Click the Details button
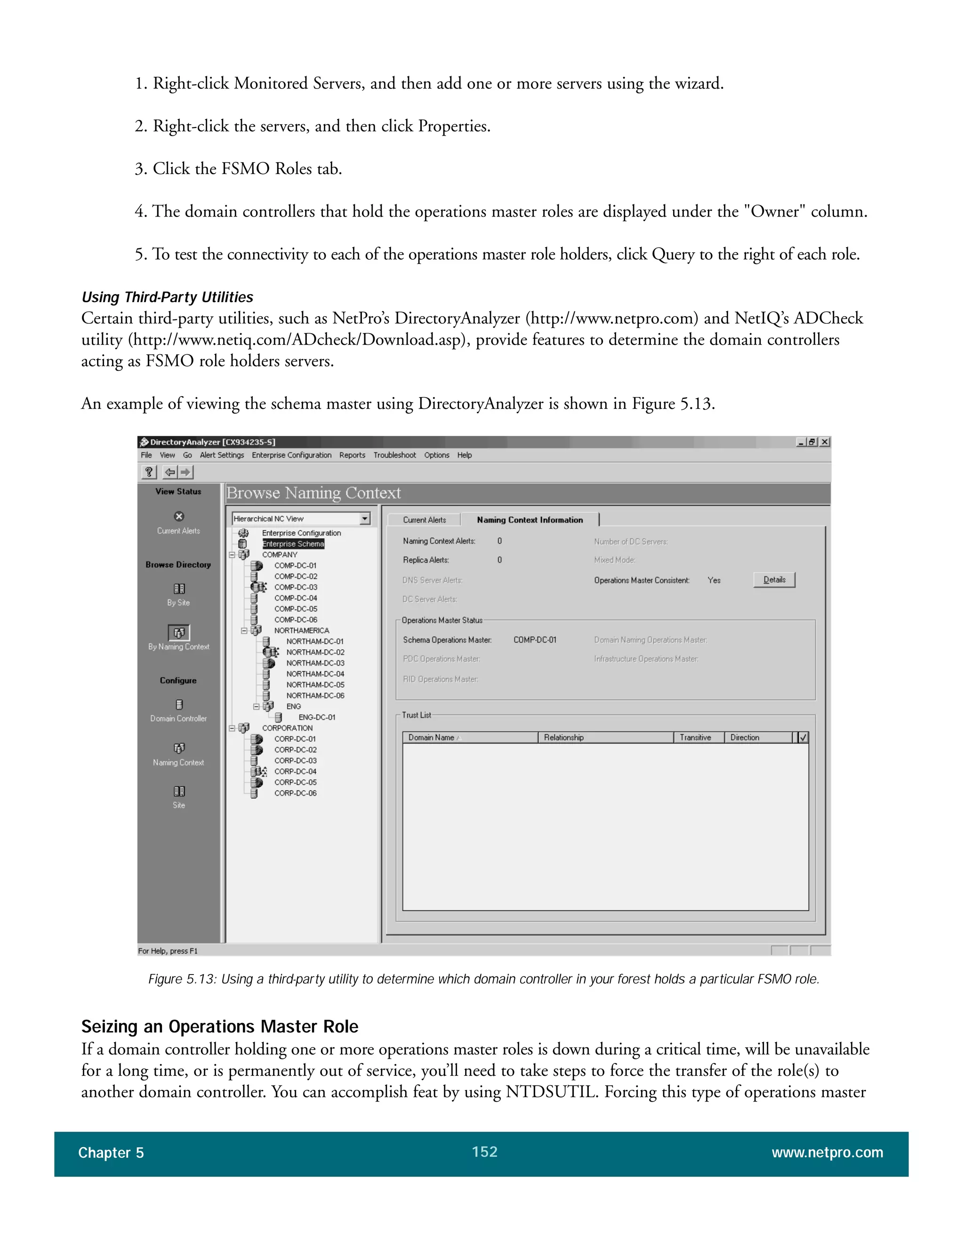pos(774,580)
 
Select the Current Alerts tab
pos(424,520)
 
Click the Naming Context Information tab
pos(530,520)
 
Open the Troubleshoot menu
pos(394,455)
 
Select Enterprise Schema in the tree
pos(293,544)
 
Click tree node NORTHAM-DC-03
pos(315,663)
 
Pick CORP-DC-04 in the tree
pos(295,771)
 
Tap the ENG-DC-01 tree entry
pos(317,717)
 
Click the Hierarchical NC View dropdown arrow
pos(365,519)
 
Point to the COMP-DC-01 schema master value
pos(535,639)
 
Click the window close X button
pos(825,442)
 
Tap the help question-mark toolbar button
pos(148,472)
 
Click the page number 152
pos(484,1151)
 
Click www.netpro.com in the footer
pos(827,1152)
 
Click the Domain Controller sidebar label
pos(178,718)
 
